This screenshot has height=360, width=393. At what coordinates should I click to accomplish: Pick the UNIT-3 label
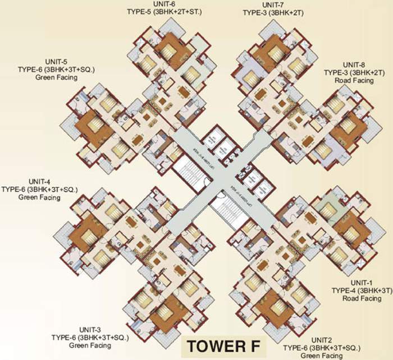click(90, 329)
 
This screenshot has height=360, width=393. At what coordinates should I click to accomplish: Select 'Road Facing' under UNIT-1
click(356, 298)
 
